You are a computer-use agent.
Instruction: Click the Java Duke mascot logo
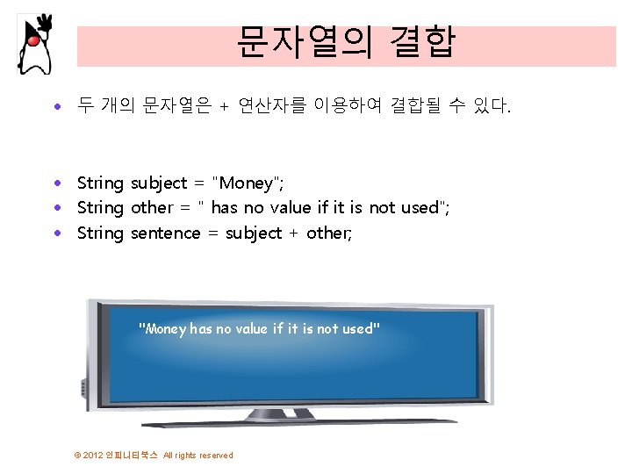pos(34,44)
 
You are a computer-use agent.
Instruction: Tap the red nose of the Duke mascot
pos(32,40)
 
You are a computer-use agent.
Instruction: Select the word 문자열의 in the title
pos(299,41)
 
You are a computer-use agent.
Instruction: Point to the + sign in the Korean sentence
pos(224,108)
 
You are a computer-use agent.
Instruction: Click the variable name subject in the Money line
pos(159,183)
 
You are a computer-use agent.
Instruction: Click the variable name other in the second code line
pos(152,208)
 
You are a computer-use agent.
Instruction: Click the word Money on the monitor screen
pos(165,329)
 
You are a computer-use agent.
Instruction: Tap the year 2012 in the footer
pos(93,456)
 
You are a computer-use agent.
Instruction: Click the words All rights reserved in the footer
pos(198,456)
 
